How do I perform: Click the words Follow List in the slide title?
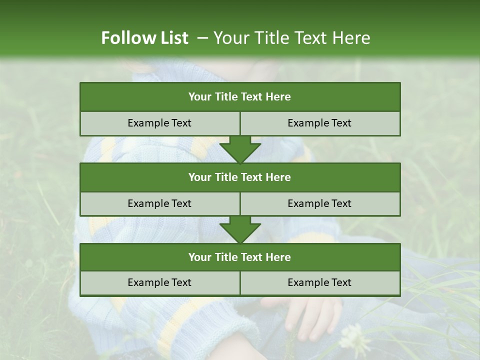coord(144,38)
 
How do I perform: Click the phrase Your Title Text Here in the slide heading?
coord(292,38)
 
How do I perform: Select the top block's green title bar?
coord(240,97)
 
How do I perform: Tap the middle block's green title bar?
coord(240,177)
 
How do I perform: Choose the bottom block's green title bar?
coord(240,257)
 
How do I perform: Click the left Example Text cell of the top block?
coord(159,123)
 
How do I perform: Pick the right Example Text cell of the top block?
coord(319,123)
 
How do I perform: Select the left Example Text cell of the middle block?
coord(159,203)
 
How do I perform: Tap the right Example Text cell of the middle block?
coord(319,203)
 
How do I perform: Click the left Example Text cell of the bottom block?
coord(159,282)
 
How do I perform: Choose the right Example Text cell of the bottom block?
coord(319,282)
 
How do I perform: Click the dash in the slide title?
coord(202,38)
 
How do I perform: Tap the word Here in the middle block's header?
coord(278,177)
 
